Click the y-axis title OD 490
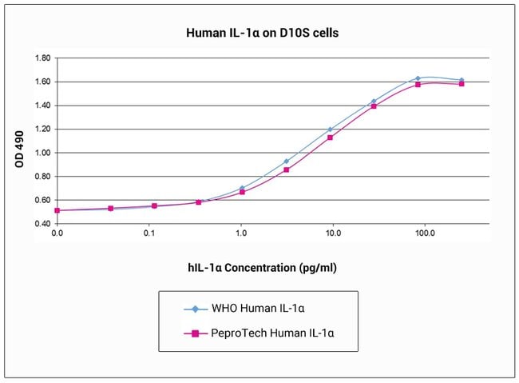[x=19, y=149]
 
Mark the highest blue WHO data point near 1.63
[x=418, y=78]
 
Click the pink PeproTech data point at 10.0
[x=330, y=137]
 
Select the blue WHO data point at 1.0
[x=242, y=189]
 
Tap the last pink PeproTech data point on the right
[x=462, y=83]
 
